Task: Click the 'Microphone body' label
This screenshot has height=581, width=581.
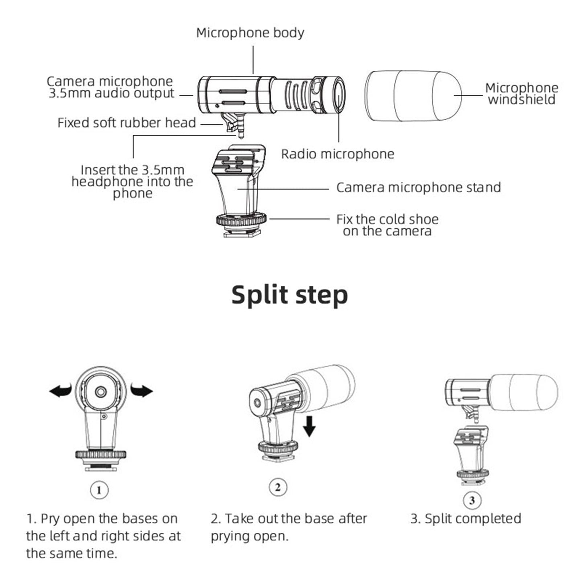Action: click(250, 33)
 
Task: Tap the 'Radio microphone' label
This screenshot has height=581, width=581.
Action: click(337, 154)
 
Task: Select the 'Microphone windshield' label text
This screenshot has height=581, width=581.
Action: click(521, 94)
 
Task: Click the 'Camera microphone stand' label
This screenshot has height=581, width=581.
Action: click(418, 187)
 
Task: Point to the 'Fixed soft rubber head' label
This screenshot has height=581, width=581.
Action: click(126, 123)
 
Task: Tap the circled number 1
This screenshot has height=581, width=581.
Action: click(99, 490)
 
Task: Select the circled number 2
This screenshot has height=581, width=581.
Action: click(278, 487)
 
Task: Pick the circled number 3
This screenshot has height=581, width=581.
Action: click(472, 501)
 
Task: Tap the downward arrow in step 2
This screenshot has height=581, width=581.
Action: click(309, 427)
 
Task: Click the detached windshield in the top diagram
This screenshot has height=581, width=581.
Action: click(413, 96)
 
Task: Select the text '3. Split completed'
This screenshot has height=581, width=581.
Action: click(466, 519)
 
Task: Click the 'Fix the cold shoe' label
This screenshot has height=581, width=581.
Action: click(387, 220)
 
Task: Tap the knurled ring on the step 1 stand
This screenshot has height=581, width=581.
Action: click(101, 454)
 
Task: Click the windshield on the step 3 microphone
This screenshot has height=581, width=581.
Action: click(525, 393)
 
